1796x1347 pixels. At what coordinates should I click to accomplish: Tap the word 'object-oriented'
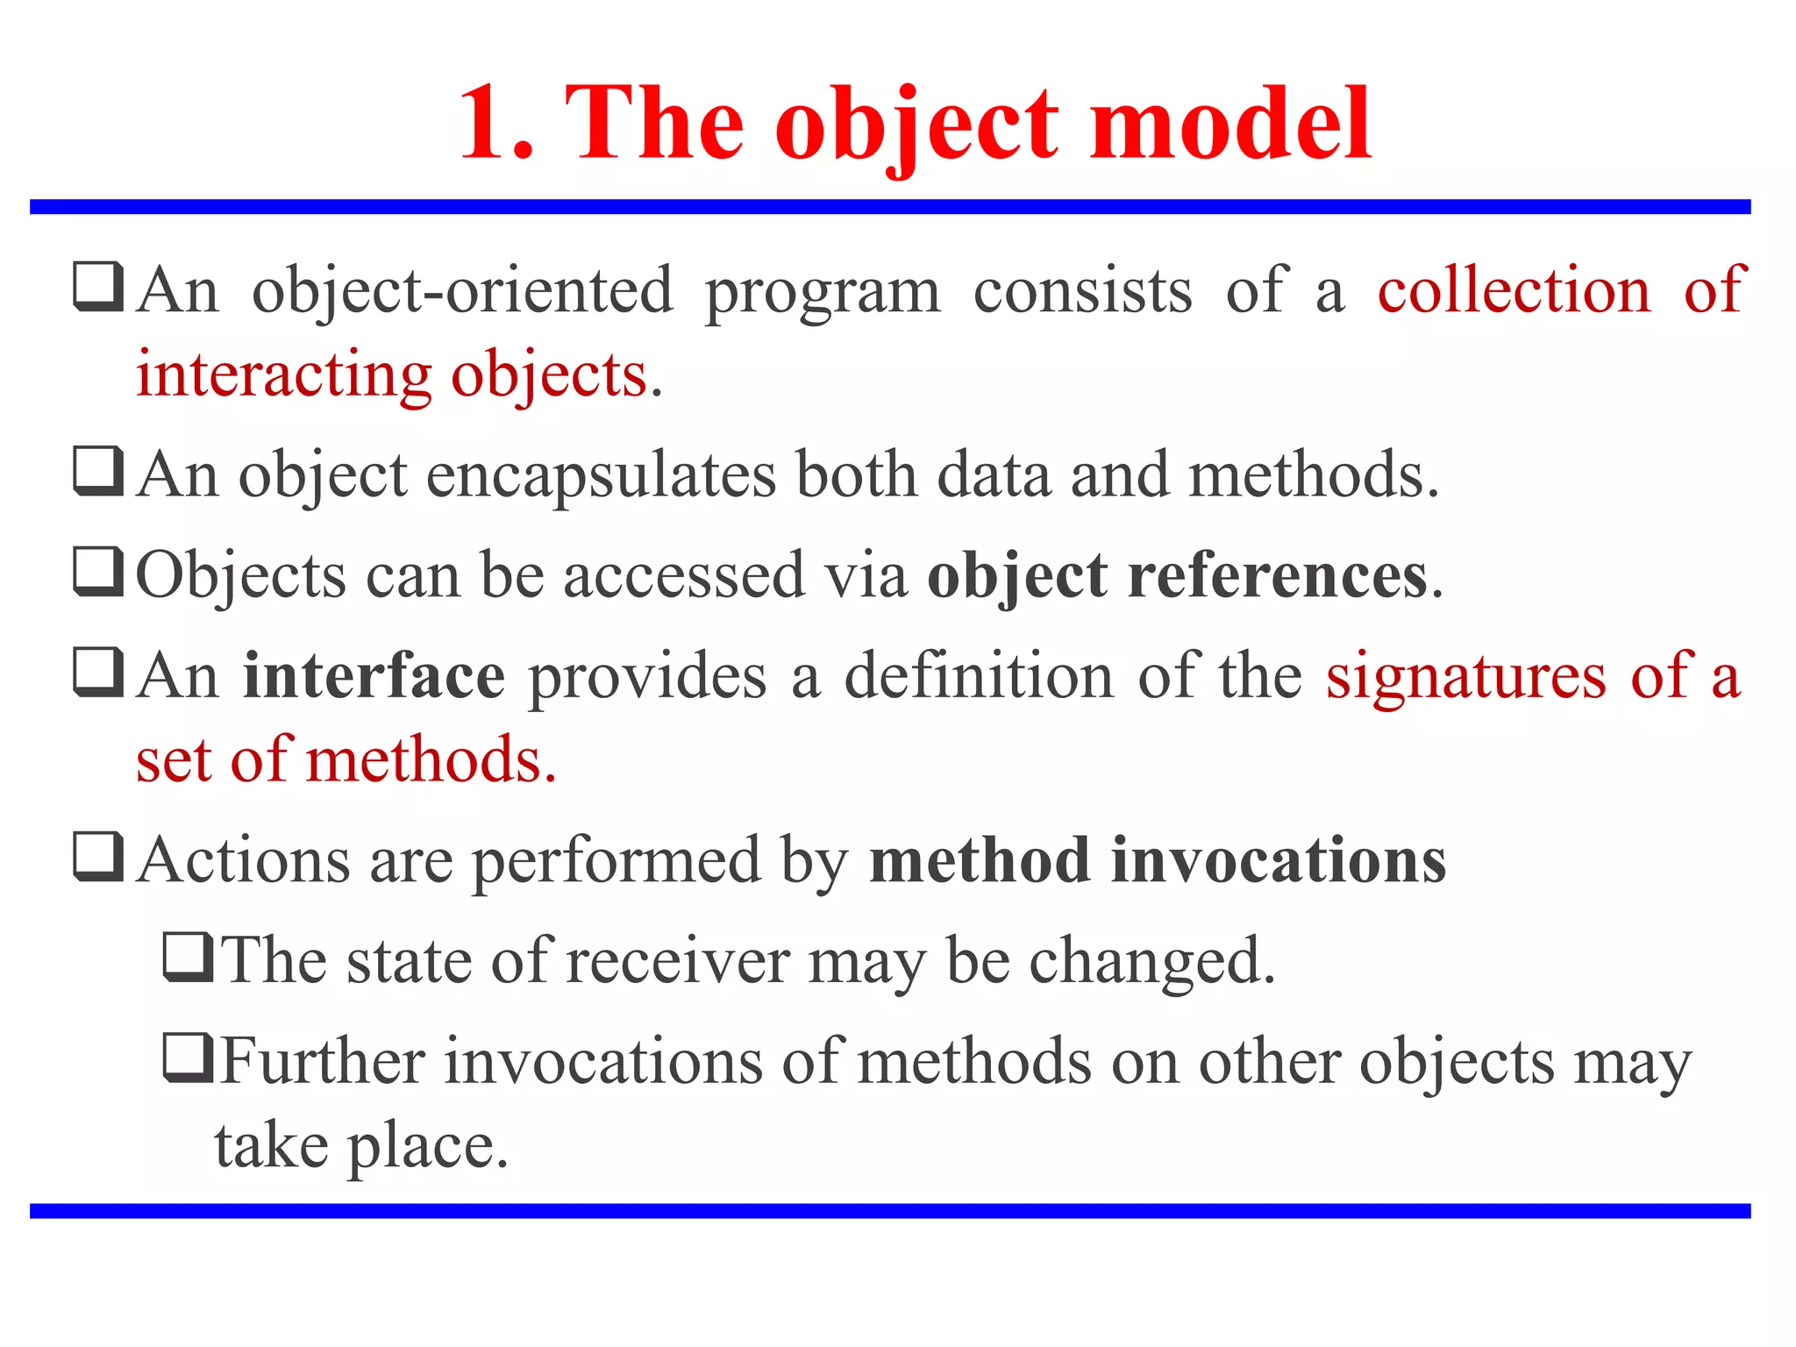[463, 291]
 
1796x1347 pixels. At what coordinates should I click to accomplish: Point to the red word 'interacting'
[283, 374]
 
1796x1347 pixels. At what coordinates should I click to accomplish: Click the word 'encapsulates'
[601, 476]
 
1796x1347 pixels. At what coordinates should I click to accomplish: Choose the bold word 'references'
[1277, 576]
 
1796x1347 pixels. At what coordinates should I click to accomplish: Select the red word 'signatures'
[1466, 678]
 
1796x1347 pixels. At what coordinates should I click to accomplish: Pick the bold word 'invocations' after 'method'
[1279, 860]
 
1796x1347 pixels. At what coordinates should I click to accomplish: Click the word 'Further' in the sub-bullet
[323, 1062]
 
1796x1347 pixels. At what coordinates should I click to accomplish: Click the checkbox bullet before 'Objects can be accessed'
[98, 571]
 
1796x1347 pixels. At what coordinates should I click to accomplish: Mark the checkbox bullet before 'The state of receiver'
[188, 957]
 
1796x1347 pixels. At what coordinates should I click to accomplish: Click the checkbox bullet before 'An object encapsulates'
[98, 471]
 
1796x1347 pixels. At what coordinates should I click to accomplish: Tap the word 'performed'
[616, 862]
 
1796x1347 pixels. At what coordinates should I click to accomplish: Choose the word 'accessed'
[683, 576]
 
